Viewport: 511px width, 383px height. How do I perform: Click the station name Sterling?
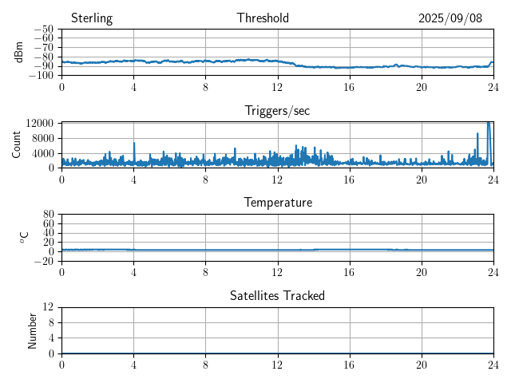(92, 18)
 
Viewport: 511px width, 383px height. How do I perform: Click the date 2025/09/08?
(450, 18)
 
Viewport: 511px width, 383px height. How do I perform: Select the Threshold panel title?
(263, 18)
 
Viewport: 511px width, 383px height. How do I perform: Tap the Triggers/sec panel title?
(277, 111)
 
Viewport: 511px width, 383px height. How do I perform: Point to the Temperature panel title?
(277, 203)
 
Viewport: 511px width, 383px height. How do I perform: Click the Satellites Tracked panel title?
(277, 295)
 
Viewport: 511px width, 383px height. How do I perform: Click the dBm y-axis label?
(19, 52)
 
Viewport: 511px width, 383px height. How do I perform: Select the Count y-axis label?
(16, 144)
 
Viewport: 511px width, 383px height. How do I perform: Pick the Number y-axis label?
(32, 330)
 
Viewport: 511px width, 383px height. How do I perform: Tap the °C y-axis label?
(25, 237)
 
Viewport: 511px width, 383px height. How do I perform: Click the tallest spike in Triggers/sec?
(489, 123)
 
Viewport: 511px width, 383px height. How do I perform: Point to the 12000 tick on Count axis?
(39, 124)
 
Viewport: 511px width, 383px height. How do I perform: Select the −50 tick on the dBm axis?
(42, 29)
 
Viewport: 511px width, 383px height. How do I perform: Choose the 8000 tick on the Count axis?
(42, 138)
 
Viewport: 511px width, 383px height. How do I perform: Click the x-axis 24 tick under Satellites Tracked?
(493, 363)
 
